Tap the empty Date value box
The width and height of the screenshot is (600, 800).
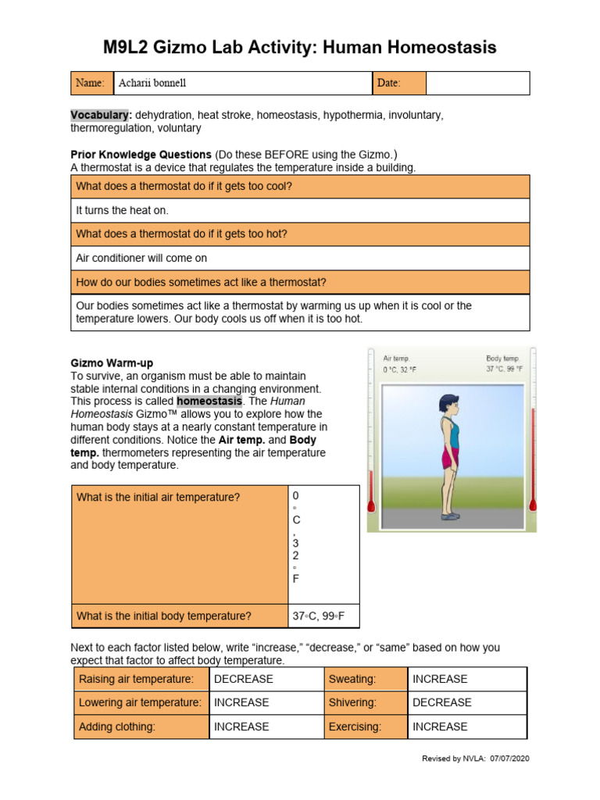click(477, 83)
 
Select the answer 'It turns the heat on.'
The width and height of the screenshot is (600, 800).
click(122, 210)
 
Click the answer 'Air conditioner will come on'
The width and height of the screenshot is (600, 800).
click(141, 258)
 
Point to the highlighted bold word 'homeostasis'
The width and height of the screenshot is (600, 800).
click(205, 401)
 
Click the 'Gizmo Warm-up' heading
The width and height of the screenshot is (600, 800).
click(112, 363)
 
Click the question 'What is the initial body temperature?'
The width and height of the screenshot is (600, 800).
click(164, 616)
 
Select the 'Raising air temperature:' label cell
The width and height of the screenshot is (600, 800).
click(136, 679)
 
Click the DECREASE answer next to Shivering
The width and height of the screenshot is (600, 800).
click(441, 702)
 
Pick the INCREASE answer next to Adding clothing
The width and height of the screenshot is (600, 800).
click(241, 727)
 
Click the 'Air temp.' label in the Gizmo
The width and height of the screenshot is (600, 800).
click(396, 359)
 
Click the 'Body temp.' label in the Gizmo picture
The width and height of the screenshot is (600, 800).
click(502, 359)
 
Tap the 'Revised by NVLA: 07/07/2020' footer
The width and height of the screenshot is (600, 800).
click(475, 759)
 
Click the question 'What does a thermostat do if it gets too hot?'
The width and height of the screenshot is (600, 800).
click(182, 234)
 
